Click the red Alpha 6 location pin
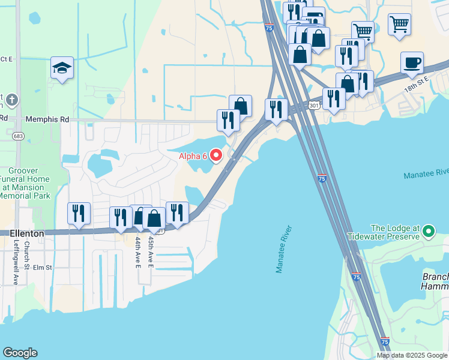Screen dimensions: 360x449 tap(215, 155)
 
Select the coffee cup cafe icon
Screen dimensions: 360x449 tap(412, 63)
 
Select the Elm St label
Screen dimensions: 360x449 tap(43, 268)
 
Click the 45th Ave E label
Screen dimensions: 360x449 tap(151, 252)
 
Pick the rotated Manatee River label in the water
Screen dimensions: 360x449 tap(283, 249)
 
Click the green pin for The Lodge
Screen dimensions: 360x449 tap(428, 231)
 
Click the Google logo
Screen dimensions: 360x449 tap(20, 353)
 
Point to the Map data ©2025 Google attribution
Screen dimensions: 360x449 tap(412, 355)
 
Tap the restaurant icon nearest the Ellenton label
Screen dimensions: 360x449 tap(79, 214)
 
